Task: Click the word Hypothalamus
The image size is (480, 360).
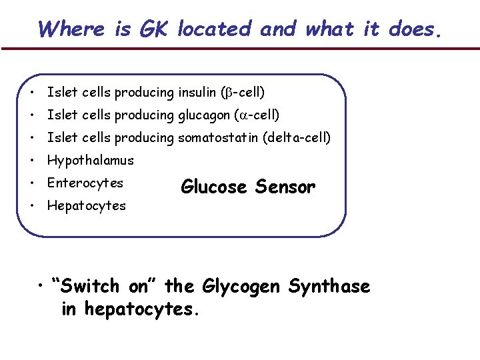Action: [90, 161]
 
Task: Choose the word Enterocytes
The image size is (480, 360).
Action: [85, 183]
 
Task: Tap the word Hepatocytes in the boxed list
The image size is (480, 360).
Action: [86, 205]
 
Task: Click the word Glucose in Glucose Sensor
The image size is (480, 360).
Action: [214, 188]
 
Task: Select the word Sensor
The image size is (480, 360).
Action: [285, 188]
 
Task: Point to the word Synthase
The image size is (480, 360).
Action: [329, 287]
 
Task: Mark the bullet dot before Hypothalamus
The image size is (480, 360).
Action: [32, 161]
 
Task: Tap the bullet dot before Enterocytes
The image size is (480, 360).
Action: [32, 183]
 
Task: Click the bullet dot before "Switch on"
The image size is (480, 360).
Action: [42, 287]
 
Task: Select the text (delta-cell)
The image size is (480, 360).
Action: [297, 138]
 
